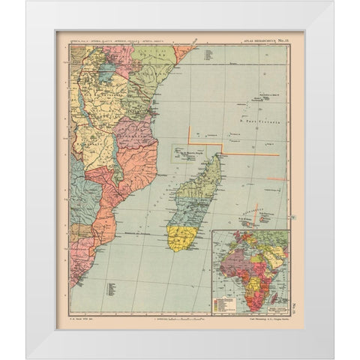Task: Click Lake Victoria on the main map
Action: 108,72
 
